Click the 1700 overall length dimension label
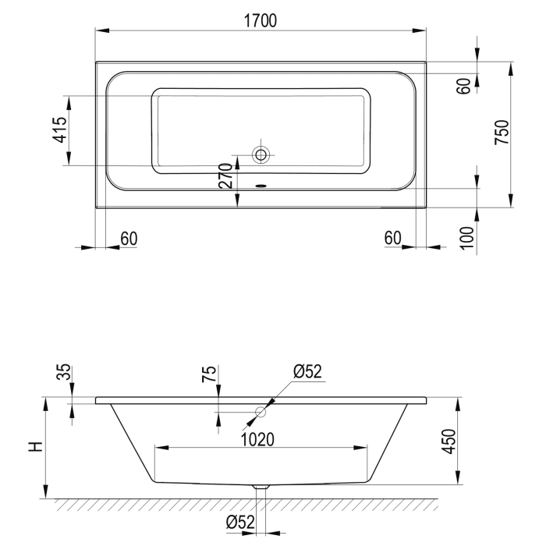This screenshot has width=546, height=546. (x=261, y=22)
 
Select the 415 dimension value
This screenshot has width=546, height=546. (x=58, y=130)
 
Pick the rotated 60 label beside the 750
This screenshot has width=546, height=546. (x=466, y=86)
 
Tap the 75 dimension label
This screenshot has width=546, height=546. (x=209, y=374)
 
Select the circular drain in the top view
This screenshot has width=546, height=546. (x=261, y=155)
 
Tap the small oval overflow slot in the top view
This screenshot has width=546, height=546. (x=261, y=186)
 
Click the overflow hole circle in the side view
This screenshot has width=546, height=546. (x=261, y=411)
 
